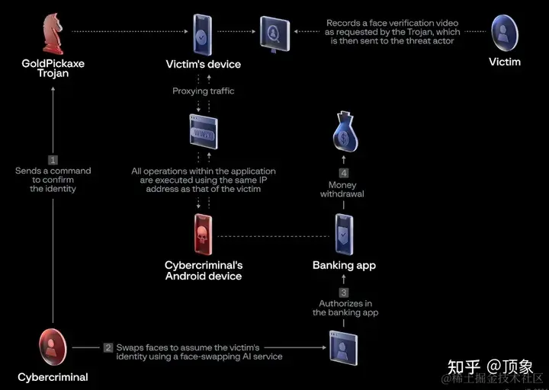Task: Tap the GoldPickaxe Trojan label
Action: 53,69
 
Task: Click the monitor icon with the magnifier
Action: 274,33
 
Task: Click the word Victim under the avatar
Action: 505,62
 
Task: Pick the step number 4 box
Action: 343,172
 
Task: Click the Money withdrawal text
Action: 342,189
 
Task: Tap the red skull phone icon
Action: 204,235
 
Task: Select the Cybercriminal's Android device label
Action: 204,270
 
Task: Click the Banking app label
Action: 344,265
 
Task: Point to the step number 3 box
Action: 344,292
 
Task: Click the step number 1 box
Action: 53,160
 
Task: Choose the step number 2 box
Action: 108,347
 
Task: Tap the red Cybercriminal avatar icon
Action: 53,347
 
